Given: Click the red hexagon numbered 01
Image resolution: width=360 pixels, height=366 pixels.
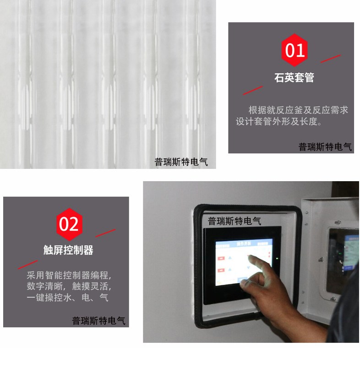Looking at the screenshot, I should [295, 50].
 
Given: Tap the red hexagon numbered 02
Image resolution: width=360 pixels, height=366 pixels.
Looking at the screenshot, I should [69, 224].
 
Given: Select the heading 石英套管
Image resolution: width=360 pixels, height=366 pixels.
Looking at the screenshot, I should [295, 78].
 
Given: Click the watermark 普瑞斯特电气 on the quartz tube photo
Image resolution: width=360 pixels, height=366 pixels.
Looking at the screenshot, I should [181, 162].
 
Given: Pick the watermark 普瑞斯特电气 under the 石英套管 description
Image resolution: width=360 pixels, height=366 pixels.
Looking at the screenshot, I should [325, 147].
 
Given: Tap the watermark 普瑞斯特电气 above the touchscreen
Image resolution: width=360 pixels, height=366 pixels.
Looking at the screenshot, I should [235, 221].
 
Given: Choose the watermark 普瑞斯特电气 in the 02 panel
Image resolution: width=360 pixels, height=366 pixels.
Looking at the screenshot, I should [98, 321].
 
